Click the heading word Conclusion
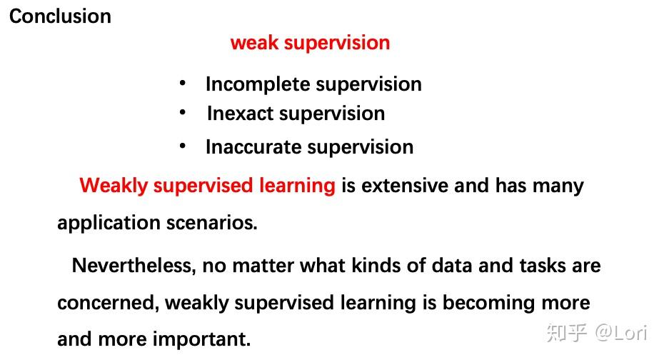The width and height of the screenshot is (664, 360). (x=60, y=16)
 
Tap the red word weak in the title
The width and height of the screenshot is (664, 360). (x=255, y=43)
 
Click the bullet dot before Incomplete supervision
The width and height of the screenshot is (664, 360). (x=183, y=84)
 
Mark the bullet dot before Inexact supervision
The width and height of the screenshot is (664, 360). (x=183, y=113)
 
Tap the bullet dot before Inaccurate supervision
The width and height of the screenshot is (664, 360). (x=183, y=146)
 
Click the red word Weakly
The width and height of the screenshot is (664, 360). (x=114, y=186)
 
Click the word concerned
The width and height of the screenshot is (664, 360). (x=107, y=303)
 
